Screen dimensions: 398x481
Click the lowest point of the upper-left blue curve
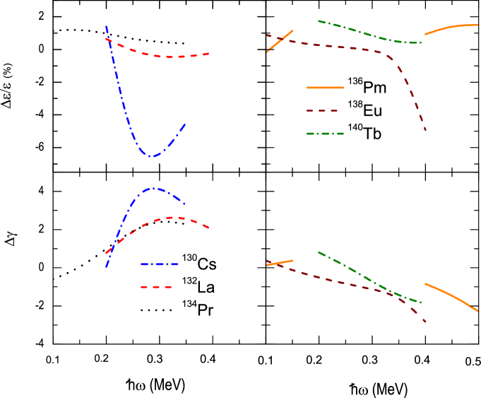pos(150,156)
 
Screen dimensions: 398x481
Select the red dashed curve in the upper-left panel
pos(170,57)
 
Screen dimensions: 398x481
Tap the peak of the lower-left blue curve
pos(153,189)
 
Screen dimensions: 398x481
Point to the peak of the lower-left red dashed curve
pos(172,217)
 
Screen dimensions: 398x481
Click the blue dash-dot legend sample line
pos(160,264)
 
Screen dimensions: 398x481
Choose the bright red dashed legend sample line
pos(156,287)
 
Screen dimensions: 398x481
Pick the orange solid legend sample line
pos(325,88)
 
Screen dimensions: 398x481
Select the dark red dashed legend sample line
pos(322,111)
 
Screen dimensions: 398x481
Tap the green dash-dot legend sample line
pos(325,134)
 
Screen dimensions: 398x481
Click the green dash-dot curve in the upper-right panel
pos(367,34)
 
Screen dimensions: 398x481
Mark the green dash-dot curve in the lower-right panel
pos(367,280)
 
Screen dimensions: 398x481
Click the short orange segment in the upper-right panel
pos(280,41)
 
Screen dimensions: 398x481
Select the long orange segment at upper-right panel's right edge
pos(452,28)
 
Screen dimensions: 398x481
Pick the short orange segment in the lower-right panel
pos(280,263)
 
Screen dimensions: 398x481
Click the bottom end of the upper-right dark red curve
pos(425,129)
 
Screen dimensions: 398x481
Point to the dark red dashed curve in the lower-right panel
pos(339,282)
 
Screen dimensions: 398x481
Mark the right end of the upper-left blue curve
pos(185,124)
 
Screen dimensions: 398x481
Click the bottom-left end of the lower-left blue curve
pos(107,267)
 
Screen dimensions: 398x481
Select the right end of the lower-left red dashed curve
pos(208,228)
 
